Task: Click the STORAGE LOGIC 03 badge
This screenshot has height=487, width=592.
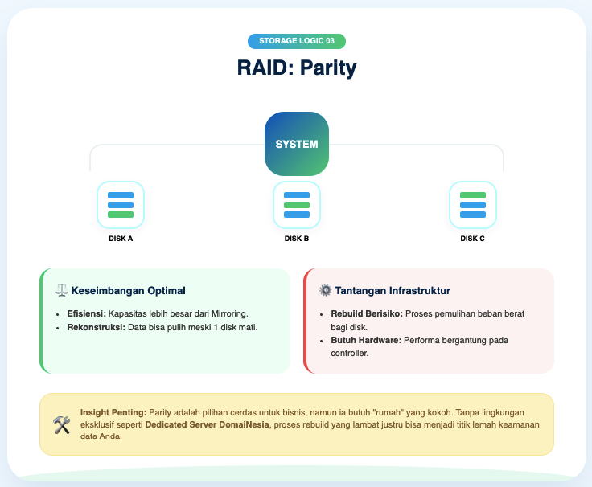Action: click(x=296, y=41)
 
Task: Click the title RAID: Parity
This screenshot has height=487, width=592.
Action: click(x=296, y=68)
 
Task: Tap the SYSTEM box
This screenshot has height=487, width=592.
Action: click(x=297, y=145)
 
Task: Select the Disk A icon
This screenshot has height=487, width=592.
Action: click(x=121, y=205)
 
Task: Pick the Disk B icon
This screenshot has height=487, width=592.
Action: click(x=297, y=205)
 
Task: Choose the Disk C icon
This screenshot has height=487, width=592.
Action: click(x=472, y=205)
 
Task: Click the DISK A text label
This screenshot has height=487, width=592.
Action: click(x=121, y=239)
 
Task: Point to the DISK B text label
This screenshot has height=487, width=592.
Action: click(x=297, y=239)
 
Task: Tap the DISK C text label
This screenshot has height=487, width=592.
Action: click(x=472, y=239)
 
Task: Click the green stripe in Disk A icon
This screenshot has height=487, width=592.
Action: click(x=121, y=215)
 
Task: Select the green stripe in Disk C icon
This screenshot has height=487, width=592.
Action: click(x=472, y=195)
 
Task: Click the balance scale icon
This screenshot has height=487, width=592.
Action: click(x=61, y=290)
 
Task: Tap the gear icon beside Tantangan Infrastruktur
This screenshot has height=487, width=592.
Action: click(x=325, y=290)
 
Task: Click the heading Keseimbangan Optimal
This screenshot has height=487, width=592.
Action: click(x=129, y=290)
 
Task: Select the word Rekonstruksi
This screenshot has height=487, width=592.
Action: click(x=96, y=328)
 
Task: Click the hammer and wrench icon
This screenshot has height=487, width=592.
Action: click(x=62, y=424)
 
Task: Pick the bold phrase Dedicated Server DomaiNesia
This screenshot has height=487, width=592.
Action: click(x=216, y=424)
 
